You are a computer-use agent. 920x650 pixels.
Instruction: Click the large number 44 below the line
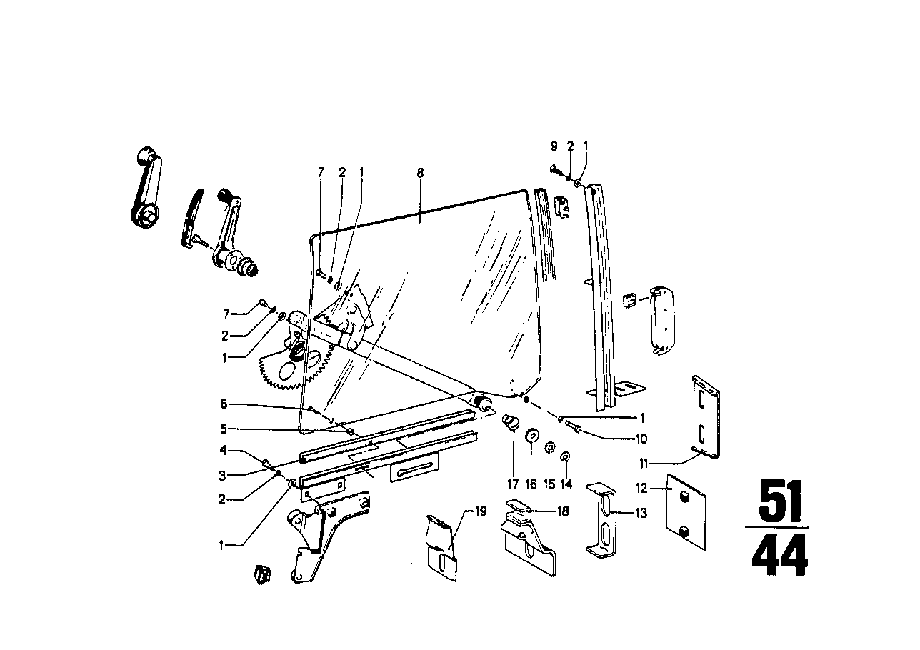point(778,555)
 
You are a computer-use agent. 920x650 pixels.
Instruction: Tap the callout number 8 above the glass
point(420,172)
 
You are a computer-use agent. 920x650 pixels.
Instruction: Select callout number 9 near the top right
point(554,146)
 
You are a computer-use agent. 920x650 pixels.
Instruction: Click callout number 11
point(644,463)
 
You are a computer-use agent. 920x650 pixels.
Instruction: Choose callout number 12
point(641,488)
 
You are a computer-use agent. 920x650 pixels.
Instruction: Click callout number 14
point(566,484)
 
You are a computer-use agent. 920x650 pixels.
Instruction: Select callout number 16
point(531,484)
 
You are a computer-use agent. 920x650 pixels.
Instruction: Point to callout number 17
point(513,484)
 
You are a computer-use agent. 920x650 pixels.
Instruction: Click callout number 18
point(563,511)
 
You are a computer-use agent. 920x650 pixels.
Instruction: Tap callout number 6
point(223,404)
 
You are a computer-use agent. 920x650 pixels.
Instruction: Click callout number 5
point(223,430)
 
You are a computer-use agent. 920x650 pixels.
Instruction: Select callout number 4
point(223,451)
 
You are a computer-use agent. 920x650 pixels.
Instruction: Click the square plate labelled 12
point(684,504)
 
